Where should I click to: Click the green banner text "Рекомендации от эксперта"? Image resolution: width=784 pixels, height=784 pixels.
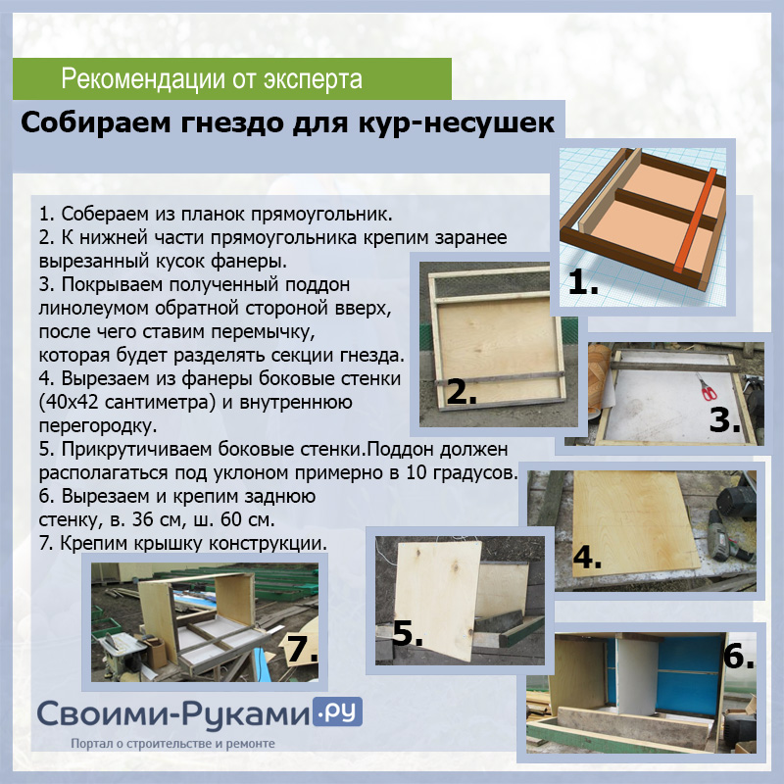click(x=212, y=79)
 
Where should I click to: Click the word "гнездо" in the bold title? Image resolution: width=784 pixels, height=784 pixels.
click(x=231, y=123)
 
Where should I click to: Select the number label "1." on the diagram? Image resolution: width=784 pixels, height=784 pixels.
click(x=583, y=281)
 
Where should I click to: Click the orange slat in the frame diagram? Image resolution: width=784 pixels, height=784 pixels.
click(x=695, y=220)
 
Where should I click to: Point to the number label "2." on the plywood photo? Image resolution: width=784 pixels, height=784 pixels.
click(x=461, y=391)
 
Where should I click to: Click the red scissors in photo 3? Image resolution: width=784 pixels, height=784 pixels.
click(x=706, y=387)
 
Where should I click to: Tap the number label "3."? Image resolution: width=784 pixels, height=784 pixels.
click(x=724, y=420)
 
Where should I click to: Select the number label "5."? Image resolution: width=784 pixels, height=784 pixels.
click(x=408, y=633)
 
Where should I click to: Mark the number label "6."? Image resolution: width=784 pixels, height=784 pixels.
click(x=739, y=656)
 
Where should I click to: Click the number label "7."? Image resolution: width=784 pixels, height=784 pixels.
click(x=302, y=649)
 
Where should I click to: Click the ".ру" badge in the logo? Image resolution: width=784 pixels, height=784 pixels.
click(x=337, y=711)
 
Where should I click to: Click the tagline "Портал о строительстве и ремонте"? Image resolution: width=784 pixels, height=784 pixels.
click(x=173, y=744)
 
